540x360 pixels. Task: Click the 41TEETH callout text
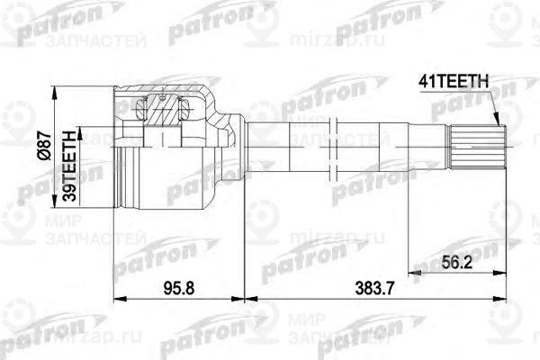click(454, 83)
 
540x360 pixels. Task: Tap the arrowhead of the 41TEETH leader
click(496, 123)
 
